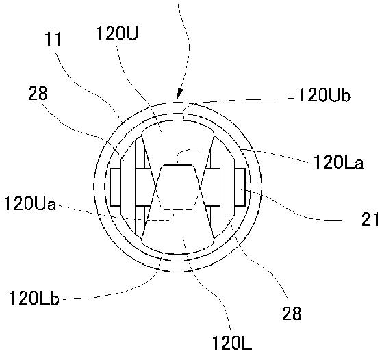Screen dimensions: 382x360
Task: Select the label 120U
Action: [x=117, y=33]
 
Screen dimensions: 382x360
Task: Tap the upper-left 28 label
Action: [x=38, y=93]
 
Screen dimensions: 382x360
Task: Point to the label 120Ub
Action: [x=324, y=94]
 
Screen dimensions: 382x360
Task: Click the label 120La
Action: [x=338, y=162]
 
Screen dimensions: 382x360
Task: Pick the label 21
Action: [x=370, y=219]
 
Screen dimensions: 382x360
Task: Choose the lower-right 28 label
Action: [x=292, y=313]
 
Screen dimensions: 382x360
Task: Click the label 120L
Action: [x=232, y=343]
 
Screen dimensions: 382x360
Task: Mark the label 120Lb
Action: [x=34, y=298]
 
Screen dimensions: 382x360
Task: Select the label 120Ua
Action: [x=30, y=204]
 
